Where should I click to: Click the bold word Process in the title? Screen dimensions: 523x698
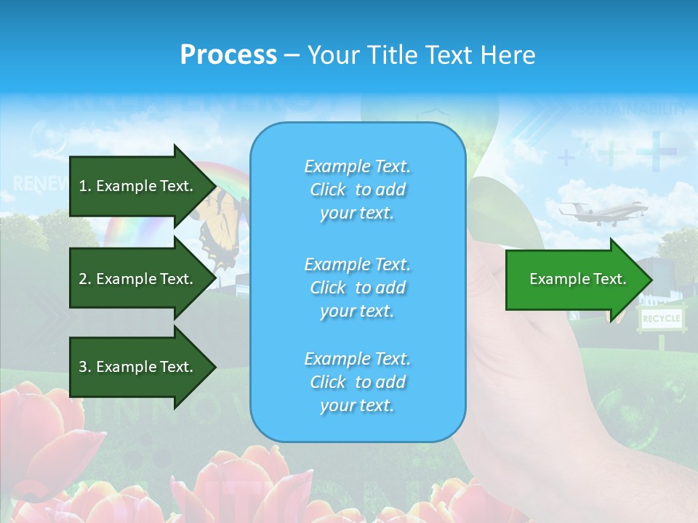point(228,54)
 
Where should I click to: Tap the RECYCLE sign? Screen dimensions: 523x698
point(661,318)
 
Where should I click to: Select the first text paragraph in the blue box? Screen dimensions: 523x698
point(357,190)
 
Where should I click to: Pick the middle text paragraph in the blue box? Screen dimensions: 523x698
point(357,288)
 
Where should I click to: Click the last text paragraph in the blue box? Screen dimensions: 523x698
point(357,382)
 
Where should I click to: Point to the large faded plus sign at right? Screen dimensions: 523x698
point(657,151)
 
